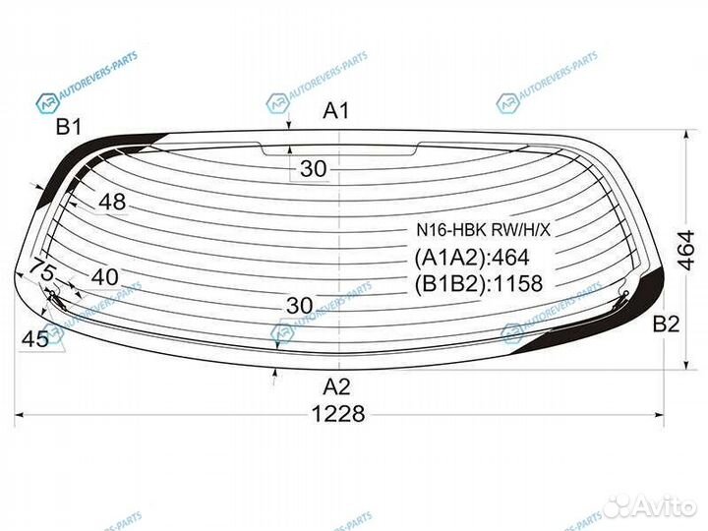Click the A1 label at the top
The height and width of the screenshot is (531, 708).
click(x=336, y=111)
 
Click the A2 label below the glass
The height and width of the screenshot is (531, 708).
click(x=336, y=386)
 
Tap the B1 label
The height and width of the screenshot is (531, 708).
click(x=68, y=126)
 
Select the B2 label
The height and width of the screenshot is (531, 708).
click(x=665, y=325)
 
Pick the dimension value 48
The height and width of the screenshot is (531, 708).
click(x=113, y=203)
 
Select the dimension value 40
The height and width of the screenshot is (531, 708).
click(x=105, y=278)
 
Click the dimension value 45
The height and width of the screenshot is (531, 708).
click(x=35, y=339)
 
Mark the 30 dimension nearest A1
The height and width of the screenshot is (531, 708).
click(x=313, y=169)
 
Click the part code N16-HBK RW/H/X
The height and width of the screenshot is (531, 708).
click(x=483, y=231)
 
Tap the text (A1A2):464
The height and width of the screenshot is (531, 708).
click(x=471, y=258)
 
